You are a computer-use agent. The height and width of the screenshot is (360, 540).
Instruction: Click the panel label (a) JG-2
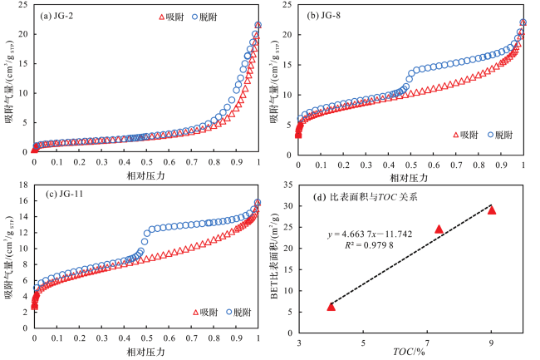click(x=61, y=15)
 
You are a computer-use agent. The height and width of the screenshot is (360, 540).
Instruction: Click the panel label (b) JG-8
click(x=330, y=15)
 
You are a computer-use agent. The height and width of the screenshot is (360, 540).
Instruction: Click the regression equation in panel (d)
click(x=370, y=234)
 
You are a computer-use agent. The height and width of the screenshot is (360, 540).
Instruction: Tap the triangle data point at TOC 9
click(x=492, y=210)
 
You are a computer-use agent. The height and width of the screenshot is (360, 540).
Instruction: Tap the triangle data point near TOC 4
click(x=331, y=307)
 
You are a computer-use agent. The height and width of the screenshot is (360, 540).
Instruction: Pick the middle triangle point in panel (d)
click(x=439, y=229)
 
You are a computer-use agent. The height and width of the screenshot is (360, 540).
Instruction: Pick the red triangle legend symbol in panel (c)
click(x=195, y=313)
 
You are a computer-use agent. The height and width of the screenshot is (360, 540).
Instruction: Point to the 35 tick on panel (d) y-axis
click(x=290, y=185)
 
